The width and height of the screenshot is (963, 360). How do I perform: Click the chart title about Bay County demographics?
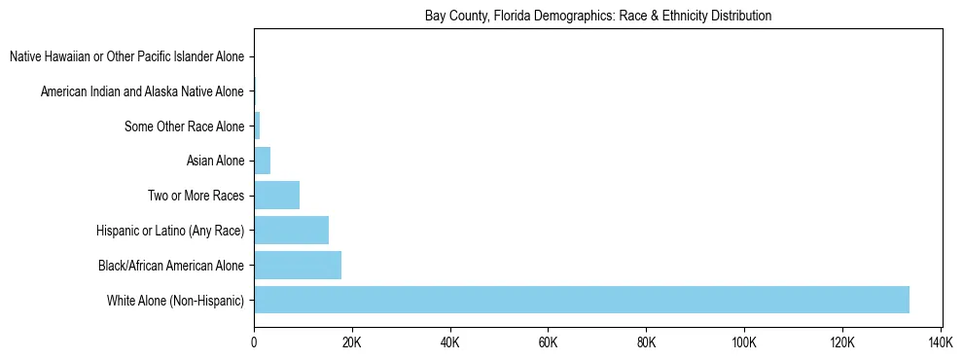tap(597, 16)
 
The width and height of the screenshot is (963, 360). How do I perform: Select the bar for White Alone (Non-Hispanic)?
tap(582, 300)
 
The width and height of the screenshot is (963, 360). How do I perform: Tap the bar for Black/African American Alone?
tap(298, 265)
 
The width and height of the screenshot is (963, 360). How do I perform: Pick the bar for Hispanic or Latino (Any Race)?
tap(291, 231)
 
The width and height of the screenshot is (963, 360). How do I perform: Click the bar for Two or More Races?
tap(276, 196)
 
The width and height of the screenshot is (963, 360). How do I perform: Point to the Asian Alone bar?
tap(262, 161)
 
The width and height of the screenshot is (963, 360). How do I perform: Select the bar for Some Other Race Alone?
tap(257, 126)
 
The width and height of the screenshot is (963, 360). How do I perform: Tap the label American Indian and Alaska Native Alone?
tap(142, 91)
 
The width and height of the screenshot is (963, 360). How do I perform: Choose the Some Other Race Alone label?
tap(184, 126)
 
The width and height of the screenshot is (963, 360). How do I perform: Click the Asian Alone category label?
tap(215, 161)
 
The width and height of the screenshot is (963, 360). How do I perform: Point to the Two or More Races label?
tap(196, 196)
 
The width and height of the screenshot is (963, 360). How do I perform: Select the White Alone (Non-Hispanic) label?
tap(175, 300)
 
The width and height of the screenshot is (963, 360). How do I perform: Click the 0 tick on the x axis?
tap(254, 343)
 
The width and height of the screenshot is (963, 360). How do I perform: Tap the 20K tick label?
tap(352, 343)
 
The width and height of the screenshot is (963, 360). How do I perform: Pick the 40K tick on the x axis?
tap(450, 343)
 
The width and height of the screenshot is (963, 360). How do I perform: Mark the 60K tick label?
tap(549, 343)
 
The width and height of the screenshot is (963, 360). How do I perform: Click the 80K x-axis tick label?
tap(646, 343)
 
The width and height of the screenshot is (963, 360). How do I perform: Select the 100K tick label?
tap(744, 343)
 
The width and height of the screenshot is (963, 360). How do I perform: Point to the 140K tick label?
tap(941, 343)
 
